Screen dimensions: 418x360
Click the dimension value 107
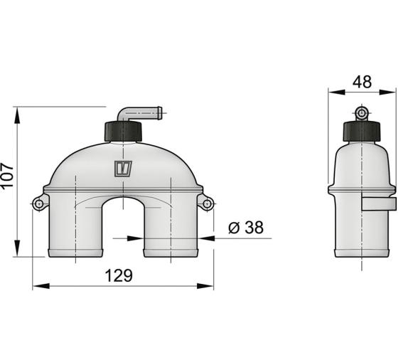click(7, 176)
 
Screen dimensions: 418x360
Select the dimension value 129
click(119, 275)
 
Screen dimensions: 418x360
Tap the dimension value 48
click(362, 82)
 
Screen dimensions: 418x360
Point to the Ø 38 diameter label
click(246, 228)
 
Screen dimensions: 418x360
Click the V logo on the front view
click(123, 169)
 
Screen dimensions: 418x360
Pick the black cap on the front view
click(123, 132)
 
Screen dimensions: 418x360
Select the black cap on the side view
click(361, 131)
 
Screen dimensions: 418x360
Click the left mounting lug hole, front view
click(39, 204)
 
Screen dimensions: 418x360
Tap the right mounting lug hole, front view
click(207, 204)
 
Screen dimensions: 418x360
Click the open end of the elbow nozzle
click(160, 113)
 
